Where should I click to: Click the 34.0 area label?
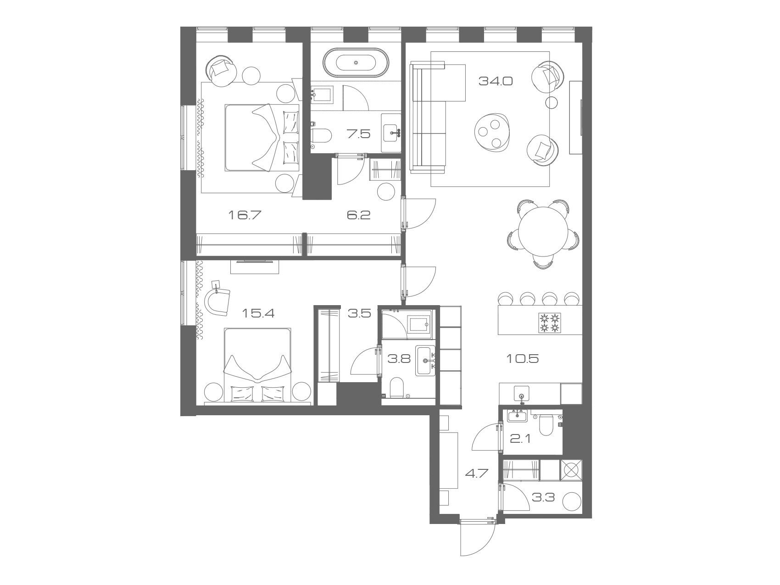coord(495,81)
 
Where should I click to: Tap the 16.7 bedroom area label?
coord(244,214)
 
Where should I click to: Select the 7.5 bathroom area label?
coord(359,134)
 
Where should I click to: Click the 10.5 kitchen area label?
coord(522,359)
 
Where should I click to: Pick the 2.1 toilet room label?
coord(520,439)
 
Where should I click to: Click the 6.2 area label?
coord(358,214)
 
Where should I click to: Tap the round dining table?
coord(543,233)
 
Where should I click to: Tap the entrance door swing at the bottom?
coord(477,538)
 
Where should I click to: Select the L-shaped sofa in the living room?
coord(429,118)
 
